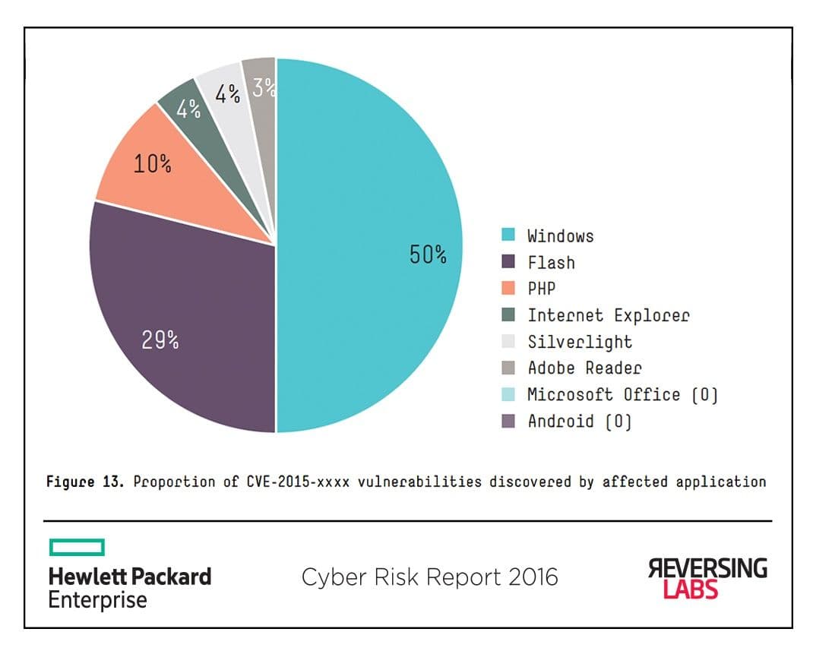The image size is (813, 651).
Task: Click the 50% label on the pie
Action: (x=428, y=254)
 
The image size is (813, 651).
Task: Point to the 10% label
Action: (x=152, y=164)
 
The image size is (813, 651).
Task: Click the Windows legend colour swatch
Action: (x=509, y=235)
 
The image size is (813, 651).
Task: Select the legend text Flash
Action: (x=551, y=263)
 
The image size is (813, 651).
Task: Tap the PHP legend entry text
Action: (x=541, y=289)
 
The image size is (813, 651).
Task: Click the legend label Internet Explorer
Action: (x=609, y=315)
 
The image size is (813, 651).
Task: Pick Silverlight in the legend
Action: (x=580, y=342)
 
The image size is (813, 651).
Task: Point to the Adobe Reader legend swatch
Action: (x=509, y=368)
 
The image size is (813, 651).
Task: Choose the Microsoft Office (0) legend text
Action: (x=622, y=394)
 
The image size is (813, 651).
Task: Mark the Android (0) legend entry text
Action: (x=580, y=421)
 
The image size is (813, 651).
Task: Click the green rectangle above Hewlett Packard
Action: (x=77, y=547)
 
